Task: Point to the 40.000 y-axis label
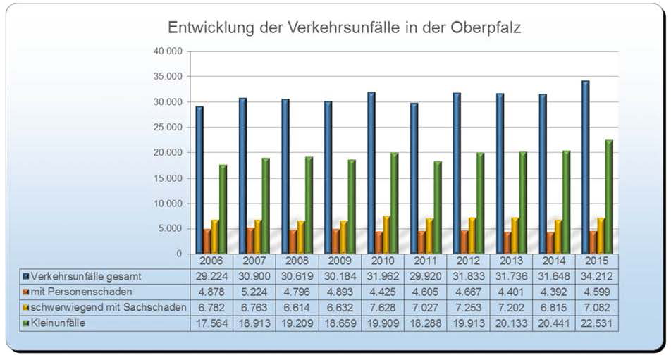pyautogui.click(x=167, y=51)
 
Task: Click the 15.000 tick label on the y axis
pyautogui.click(x=167, y=178)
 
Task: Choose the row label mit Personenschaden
pyautogui.click(x=78, y=291)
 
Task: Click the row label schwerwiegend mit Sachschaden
pyautogui.click(x=109, y=307)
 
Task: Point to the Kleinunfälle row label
pyautogui.click(x=63, y=323)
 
